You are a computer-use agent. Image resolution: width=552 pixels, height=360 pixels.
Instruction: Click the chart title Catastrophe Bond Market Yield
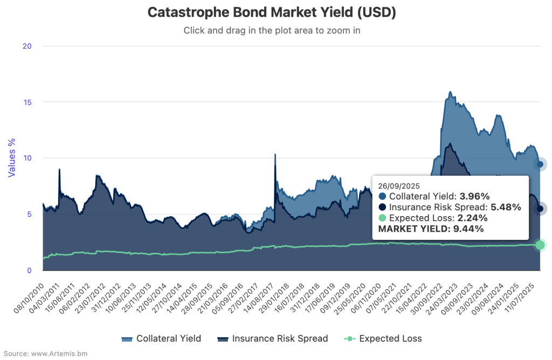point(272,13)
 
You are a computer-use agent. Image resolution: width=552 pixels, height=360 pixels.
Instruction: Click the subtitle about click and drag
point(272,30)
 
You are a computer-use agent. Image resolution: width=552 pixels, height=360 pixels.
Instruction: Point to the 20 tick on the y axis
point(27,46)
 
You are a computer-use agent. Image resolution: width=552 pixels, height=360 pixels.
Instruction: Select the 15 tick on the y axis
point(27,102)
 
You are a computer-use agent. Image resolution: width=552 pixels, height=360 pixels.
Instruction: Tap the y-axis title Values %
point(11,158)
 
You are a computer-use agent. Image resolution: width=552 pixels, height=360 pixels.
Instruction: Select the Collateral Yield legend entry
point(161,338)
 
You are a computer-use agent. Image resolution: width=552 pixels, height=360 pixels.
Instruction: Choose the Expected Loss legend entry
point(383,338)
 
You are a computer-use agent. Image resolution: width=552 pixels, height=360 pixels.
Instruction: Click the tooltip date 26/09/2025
point(399,185)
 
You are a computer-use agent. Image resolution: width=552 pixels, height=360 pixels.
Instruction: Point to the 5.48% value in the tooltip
point(506,207)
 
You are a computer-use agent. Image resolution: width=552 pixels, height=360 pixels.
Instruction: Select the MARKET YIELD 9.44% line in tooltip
point(431,229)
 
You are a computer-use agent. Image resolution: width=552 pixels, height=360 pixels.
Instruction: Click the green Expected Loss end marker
point(540,245)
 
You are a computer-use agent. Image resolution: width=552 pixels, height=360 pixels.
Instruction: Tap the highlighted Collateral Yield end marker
point(540,164)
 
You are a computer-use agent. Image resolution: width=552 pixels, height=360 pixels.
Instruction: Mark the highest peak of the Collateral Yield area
point(450,92)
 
